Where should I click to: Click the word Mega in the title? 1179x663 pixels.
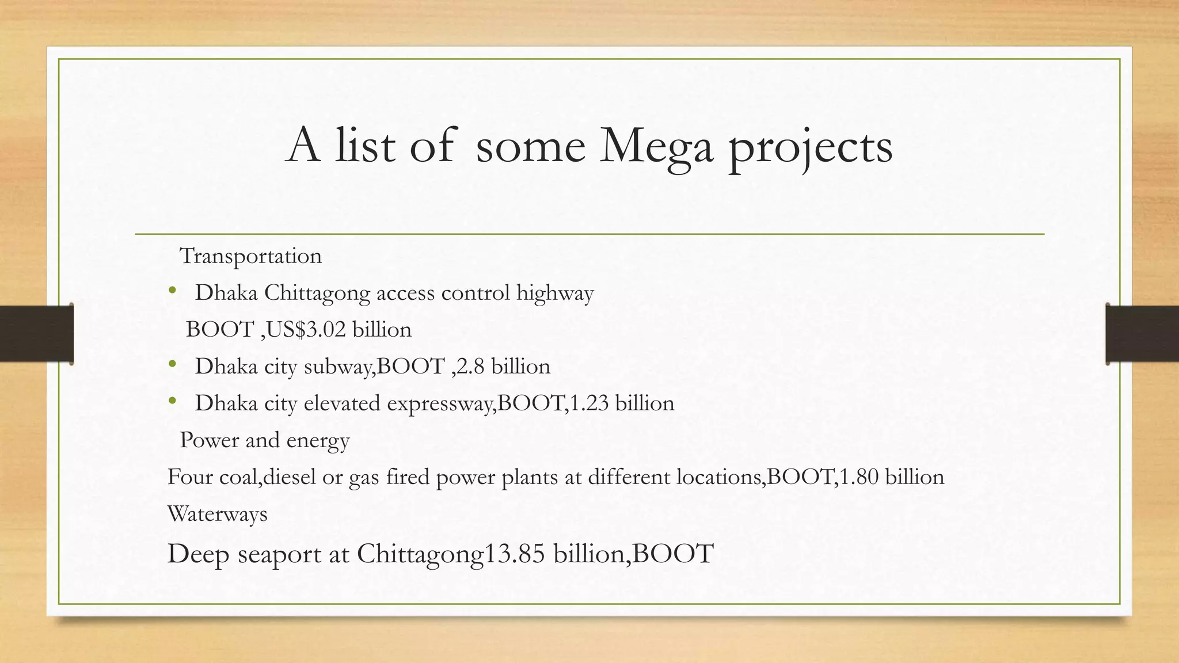(x=656, y=147)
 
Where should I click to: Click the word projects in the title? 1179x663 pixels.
(x=810, y=148)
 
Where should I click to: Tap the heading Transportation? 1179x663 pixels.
(x=250, y=256)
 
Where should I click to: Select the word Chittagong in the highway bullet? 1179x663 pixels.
(x=317, y=294)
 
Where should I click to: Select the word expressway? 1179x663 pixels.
(x=440, y=403)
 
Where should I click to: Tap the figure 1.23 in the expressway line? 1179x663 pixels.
(x=588, y=403)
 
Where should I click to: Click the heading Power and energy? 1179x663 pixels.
(x=264, y=440)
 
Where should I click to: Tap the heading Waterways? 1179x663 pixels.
(x=217, y=514)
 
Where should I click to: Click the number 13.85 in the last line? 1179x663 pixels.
(x=515, y=554)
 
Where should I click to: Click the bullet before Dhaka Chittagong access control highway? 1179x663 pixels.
(x=172, y=291)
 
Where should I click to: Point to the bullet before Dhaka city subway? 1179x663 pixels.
(x=172, y=364)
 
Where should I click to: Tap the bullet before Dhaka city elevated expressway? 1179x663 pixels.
(x=172, y=401)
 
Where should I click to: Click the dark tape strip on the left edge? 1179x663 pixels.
(x=36, y=334)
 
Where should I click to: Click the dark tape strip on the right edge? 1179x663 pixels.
(x=1142, y=334)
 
